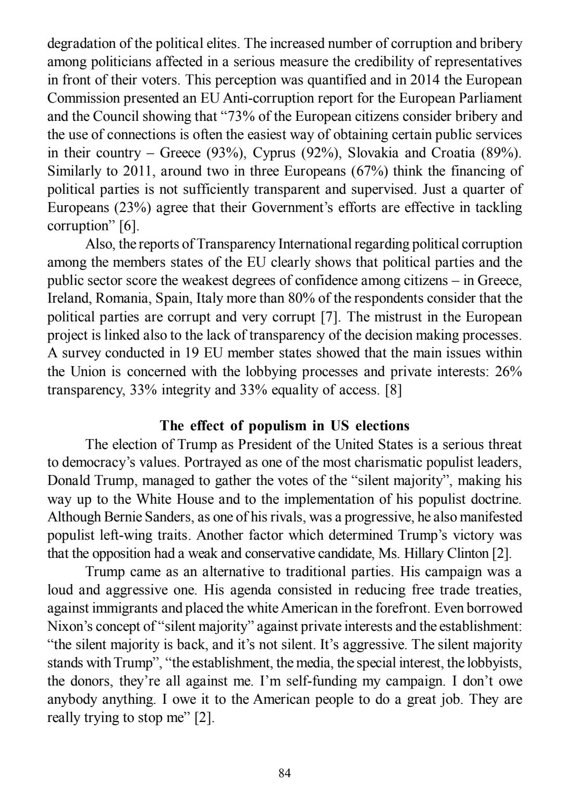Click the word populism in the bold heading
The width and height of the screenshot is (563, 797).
tap(278, 426)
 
